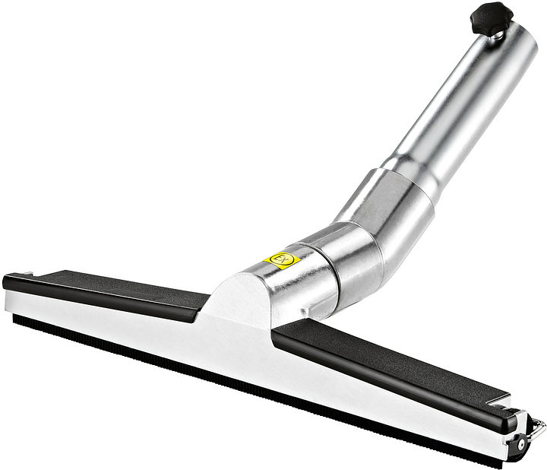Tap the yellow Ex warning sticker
pos(282,259)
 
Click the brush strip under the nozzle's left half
pos(114,338)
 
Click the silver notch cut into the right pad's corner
pos(498,400)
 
